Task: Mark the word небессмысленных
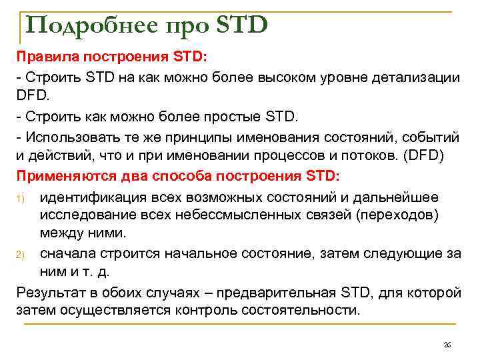[x=240, y=215]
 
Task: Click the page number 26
[x=447, y=345]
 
